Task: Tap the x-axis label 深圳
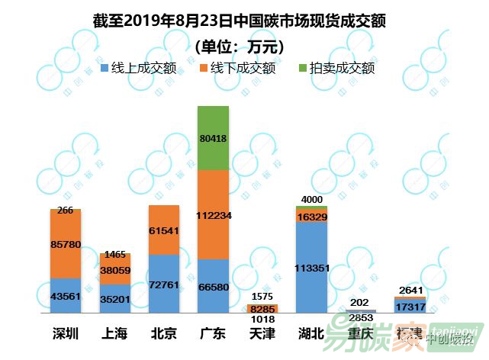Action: [x=66, y=333]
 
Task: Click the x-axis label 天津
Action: [x=262, y=333]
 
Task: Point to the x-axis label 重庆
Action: [x=360, y=333]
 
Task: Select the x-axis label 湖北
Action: [x=310, y=333]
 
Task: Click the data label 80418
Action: [x=213, y=138]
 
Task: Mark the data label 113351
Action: [x=310, y=267]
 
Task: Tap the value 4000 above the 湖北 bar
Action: [x=310, y=200]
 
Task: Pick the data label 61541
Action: [x=164, y=230]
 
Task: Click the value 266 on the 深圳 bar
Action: [x=66, y=211]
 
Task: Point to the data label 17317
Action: [x=409, y=306]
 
